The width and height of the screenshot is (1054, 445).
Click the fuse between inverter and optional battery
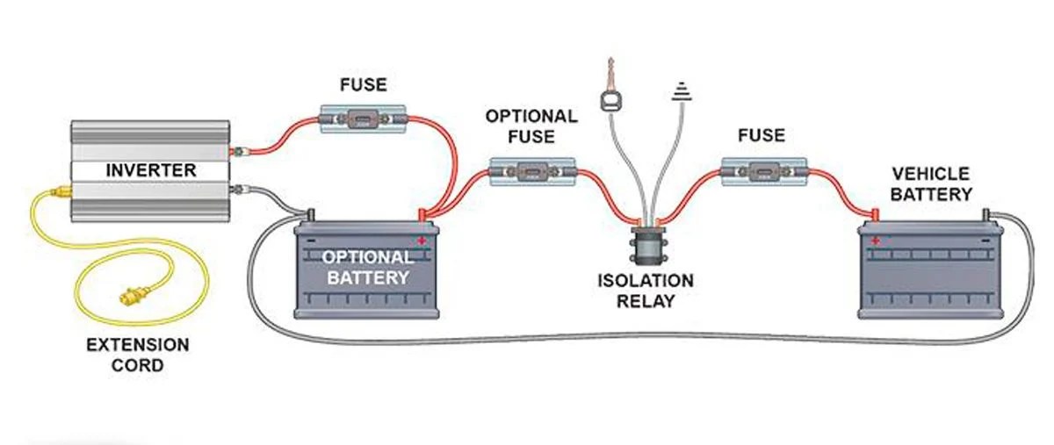click(362, 118)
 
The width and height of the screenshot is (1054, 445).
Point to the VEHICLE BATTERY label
click(931, 184)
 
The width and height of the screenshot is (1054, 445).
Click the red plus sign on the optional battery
click(422, 239)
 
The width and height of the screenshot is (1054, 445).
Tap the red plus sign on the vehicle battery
click(876, 240)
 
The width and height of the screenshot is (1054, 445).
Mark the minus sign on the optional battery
click(309, 239)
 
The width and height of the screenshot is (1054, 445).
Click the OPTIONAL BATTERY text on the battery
click(366, 267)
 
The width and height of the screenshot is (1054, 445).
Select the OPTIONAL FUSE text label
click(531, 126)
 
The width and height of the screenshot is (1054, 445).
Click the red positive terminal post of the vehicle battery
click(875, 214)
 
